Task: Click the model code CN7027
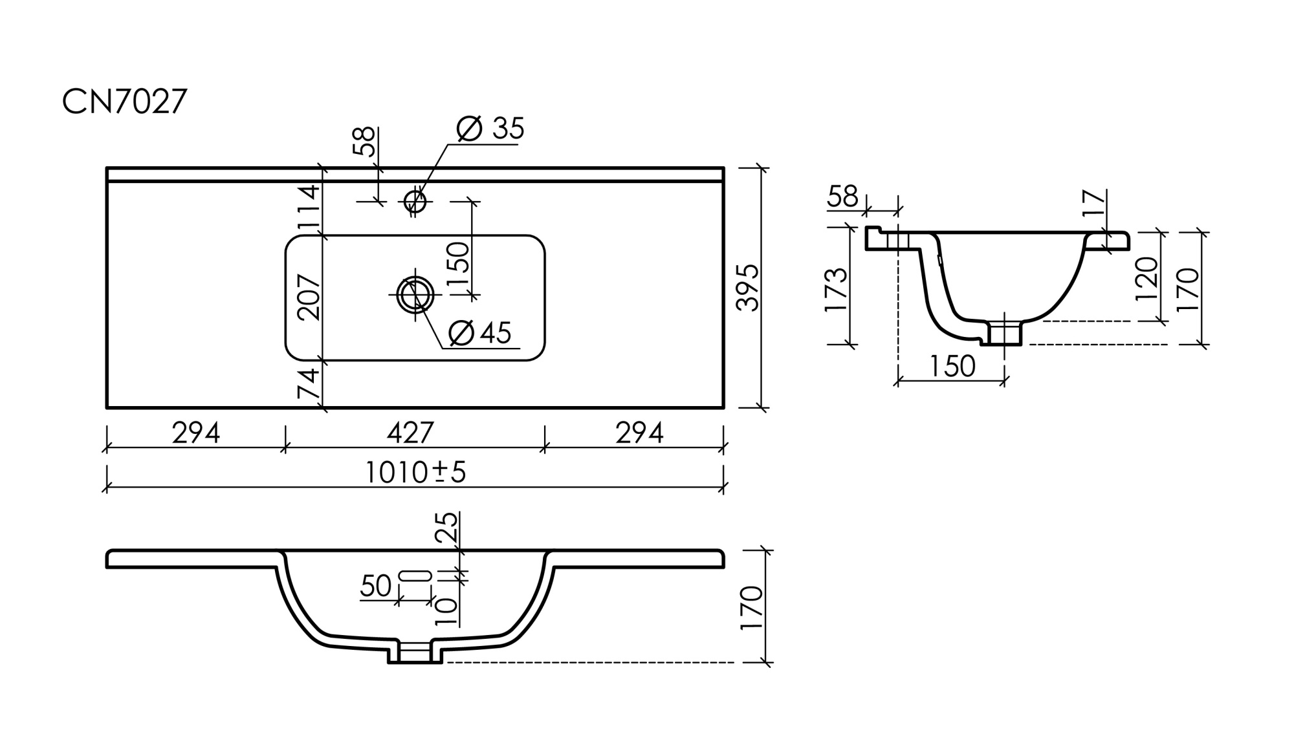point(124,102)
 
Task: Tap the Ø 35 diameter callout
point(490,129)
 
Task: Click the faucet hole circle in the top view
point(415,201)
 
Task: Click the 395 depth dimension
point(748,288)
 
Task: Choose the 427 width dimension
point(410,433)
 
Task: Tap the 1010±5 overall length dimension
point(415,473)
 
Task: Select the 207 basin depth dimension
point(309,297)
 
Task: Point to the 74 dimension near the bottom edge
point(309,383)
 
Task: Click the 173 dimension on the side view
point(836,288)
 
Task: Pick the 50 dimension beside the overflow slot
point(375,586)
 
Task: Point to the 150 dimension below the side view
point(952,367)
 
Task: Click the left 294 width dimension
point(195,433)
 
